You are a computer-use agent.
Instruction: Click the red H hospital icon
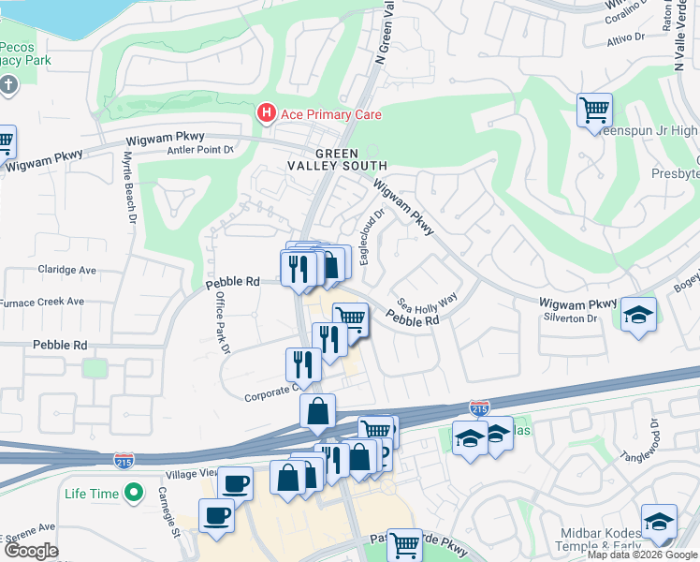coord(267,114)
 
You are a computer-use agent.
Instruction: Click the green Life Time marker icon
coord(135,492)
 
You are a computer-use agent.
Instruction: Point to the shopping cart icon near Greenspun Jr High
coord(594,111)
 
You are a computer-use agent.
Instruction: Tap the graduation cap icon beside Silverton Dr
coord(638,314)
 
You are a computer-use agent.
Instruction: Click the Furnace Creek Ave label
coord(42,302)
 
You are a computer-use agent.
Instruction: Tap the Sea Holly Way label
coord(427,302)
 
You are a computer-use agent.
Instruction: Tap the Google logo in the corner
coord(31,551)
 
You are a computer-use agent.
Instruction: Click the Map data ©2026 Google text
coord(642,555)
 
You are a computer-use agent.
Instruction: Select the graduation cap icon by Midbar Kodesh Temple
coord(659,522)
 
